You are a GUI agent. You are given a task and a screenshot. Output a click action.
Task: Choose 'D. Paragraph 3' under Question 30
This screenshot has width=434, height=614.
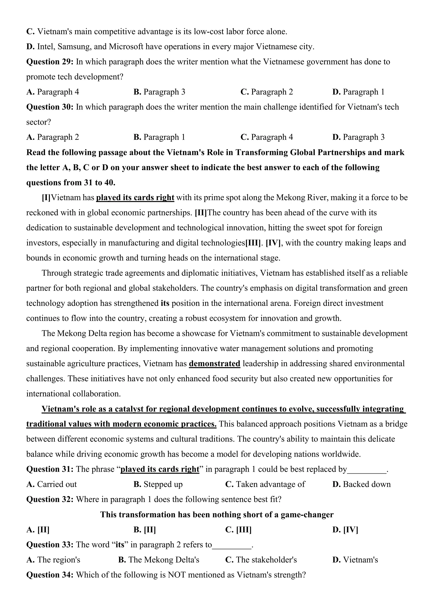coord(358,137)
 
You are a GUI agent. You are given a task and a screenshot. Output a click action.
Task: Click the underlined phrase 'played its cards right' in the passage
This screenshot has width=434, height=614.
coord(135,198)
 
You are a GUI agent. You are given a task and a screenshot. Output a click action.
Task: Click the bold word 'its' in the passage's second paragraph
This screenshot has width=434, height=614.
coord(165,303)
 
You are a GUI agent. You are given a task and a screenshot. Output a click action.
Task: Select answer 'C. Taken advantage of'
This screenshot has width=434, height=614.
coord(265,484)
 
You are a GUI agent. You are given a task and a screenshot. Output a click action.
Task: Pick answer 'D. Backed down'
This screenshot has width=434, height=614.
coord(361,484)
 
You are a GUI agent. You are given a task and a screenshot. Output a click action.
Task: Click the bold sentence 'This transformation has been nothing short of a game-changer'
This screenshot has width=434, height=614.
coord(217,515)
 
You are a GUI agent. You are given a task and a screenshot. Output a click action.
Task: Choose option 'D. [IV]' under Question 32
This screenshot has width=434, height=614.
coord(345,530)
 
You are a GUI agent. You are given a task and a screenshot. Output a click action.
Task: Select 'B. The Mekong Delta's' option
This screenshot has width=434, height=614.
coord(159,560)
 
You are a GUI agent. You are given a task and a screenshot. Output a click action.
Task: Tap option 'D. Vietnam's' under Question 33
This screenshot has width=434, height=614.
coord(355,560)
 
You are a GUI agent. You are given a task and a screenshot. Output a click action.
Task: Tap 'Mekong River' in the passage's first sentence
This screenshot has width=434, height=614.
coord(301,198)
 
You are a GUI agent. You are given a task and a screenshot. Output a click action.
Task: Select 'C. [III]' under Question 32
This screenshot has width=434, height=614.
coord(238,530)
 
